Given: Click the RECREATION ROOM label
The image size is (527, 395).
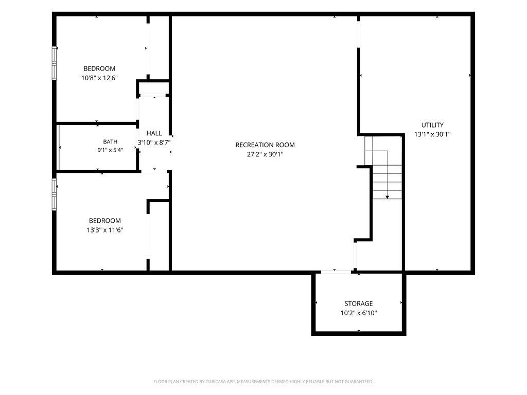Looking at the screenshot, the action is coord(265,145).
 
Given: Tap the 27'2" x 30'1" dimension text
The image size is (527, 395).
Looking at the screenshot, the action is coord(265,154).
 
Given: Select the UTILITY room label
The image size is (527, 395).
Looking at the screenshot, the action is coord(432,125).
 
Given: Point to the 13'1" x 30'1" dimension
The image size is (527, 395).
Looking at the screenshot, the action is coord(432,134).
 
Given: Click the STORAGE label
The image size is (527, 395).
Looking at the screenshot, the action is coord(359,303).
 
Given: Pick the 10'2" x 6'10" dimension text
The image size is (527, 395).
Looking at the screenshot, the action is coord(359,313).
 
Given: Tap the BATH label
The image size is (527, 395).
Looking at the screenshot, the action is coord(110,142).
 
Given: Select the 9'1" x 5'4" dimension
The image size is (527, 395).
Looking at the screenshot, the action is coord(110,150).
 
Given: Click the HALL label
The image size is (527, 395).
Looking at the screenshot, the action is coord(154,133).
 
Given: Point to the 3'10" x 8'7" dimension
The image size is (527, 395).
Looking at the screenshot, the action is coord(154,142).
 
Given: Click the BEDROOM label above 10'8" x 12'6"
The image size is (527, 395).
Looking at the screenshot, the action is coord(99,68).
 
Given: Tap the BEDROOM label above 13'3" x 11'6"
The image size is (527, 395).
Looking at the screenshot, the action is coord(105,221).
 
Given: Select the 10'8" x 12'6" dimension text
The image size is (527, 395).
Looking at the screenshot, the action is coord(99,78).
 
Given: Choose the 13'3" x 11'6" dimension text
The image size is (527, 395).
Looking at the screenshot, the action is coord(105,230).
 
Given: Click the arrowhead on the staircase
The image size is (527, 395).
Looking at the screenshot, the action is coord(387,197).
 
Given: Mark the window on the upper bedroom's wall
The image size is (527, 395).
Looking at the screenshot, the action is coord(54,63).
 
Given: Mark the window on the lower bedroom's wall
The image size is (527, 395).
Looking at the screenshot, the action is coord(54,194).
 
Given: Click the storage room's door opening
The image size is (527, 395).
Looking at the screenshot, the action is coord(336,272).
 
